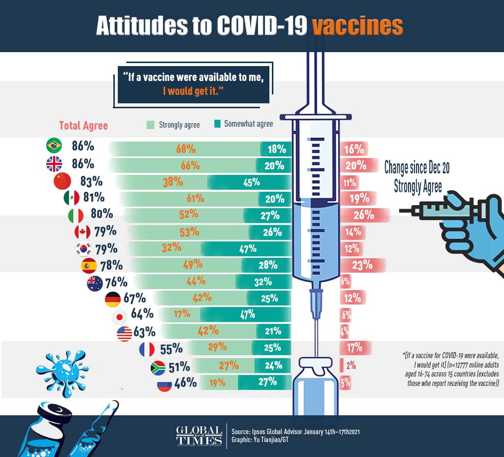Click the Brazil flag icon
click(x=54, y=146)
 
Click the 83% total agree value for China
click(x=91, y=181)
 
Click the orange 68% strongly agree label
click(x=186, y=149)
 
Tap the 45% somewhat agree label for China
click(x=252, y=182)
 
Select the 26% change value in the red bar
click(x=363, y=215)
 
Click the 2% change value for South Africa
click(x=351, y=366)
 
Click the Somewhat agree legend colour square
click(x=217, y=124)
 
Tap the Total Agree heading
click(x=84, y=126)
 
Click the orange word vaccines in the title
click(x=357, y=26)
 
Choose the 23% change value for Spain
click(x=362, y=265)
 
